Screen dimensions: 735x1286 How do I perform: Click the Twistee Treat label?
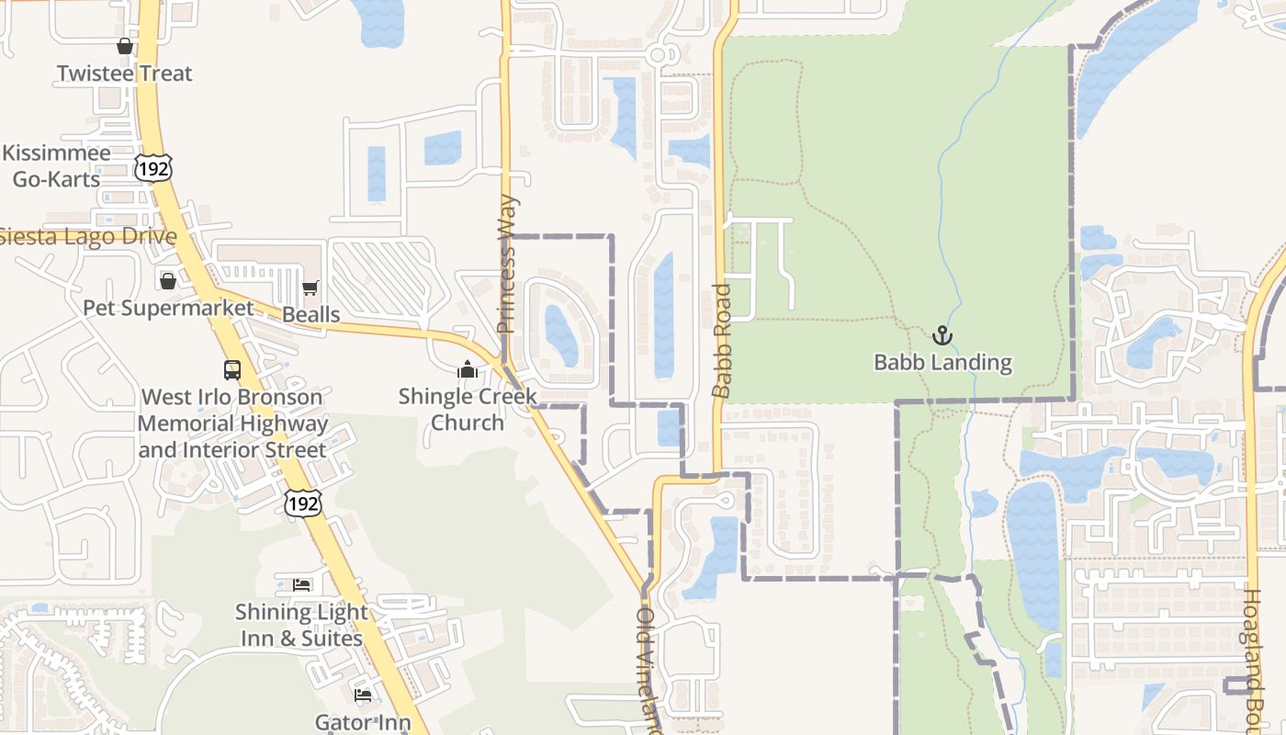click(x=125, y=73)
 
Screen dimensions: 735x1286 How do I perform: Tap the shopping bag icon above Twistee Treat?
click(x=125, y=46)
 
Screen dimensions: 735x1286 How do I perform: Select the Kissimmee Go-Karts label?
click(x=56, y=166)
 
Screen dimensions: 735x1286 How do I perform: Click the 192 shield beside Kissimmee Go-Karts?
click(x=152, y=166)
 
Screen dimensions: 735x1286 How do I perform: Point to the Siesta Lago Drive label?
click(x=88, y=236)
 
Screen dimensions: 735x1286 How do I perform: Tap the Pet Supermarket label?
click(x=168, y=308)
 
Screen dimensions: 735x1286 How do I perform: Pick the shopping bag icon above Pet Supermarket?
click(x=168, y=280)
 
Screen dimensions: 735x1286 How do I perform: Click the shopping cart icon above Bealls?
click(x=310, y=288)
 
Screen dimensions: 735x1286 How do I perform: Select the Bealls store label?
click(x=310, y=314)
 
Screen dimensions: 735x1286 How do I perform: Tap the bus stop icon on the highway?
click(x=232, y=370)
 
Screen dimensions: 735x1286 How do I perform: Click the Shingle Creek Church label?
click(x=468, y=410)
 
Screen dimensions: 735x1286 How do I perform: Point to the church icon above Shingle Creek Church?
click(x=468, y=370)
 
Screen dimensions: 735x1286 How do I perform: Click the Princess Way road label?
click(x=507, y=265)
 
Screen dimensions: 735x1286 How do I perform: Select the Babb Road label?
click(x=722, y=341)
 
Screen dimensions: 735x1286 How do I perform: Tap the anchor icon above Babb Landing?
click(x=942, y=335)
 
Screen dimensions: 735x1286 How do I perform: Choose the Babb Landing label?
click(x=942, y=363)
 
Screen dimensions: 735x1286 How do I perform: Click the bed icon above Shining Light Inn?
click(x=301, y=584)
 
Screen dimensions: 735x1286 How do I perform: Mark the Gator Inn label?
click(x=363, y=722)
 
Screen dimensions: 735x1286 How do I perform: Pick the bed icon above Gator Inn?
click(x=363, y=695)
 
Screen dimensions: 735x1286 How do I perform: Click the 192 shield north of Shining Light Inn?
click(x=303, y=503)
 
